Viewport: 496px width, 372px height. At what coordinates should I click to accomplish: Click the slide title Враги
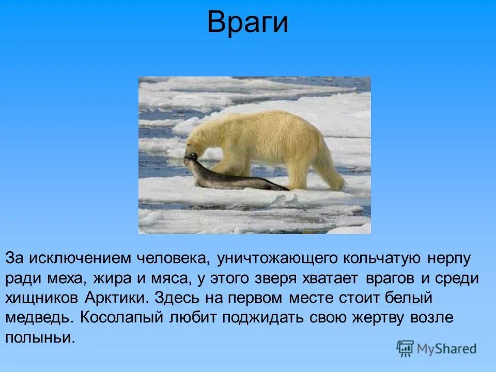click(x=247, y=23)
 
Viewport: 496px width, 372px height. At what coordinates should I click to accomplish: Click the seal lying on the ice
click(x=233, y=178)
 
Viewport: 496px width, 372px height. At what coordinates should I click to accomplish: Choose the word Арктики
click(x=122, y=298)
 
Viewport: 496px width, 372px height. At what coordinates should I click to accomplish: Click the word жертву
click(x=378, y=318)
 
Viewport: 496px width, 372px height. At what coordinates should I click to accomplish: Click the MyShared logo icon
click(x=405, y=348)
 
